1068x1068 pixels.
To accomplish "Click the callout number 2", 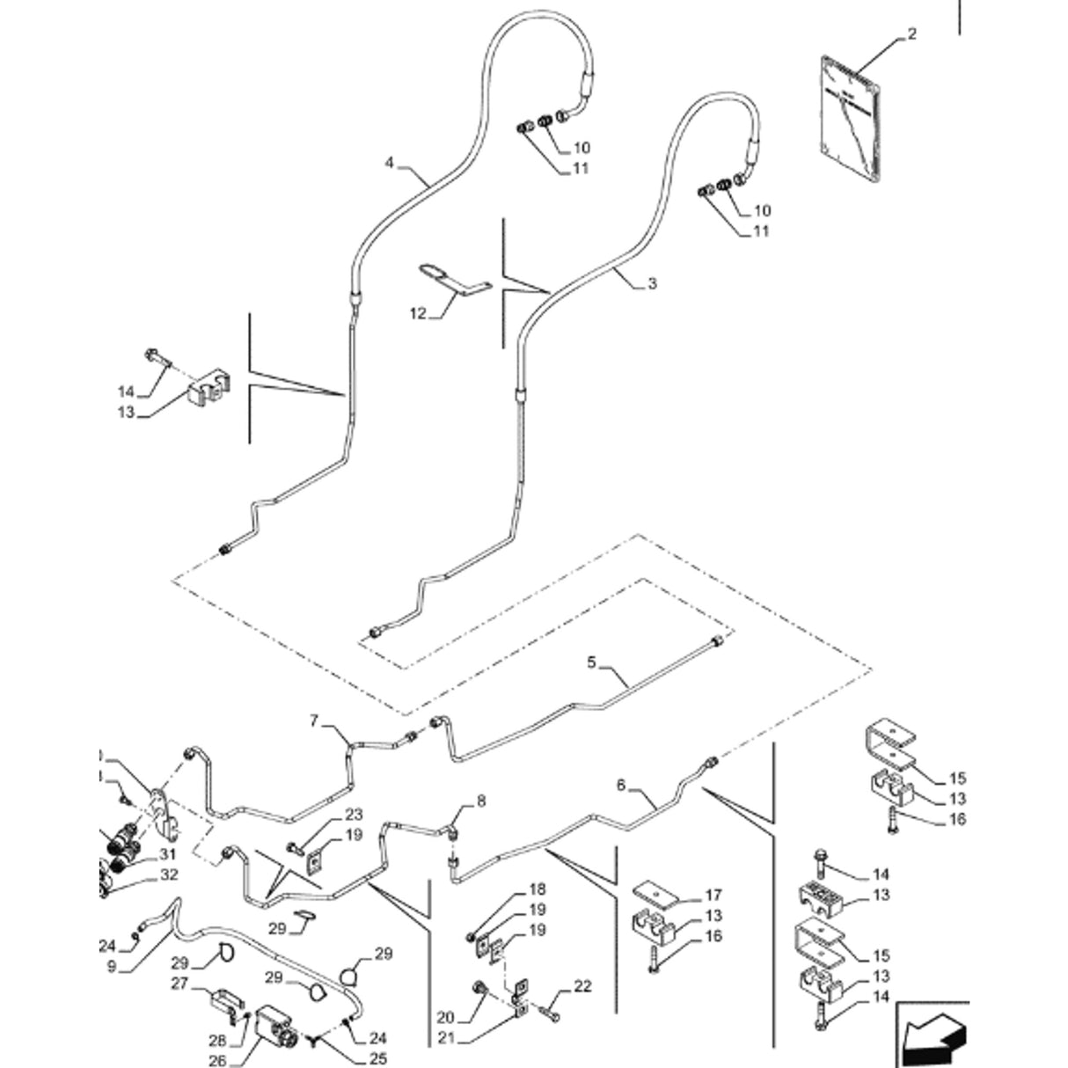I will coord(912,34).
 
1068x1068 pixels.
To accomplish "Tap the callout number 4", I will coord(389,163).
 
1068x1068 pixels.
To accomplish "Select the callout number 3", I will coord(652,283).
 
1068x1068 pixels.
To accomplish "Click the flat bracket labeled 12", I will coord(454,279).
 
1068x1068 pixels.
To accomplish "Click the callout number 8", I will coord(481,801).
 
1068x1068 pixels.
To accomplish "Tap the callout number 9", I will coord(112,965).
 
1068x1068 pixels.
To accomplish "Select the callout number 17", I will coord(713,896).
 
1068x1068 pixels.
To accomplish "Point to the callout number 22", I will coord(582,987).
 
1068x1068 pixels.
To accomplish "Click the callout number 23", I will coord(354,815).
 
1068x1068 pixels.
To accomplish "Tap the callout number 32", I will coord(168,875).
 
